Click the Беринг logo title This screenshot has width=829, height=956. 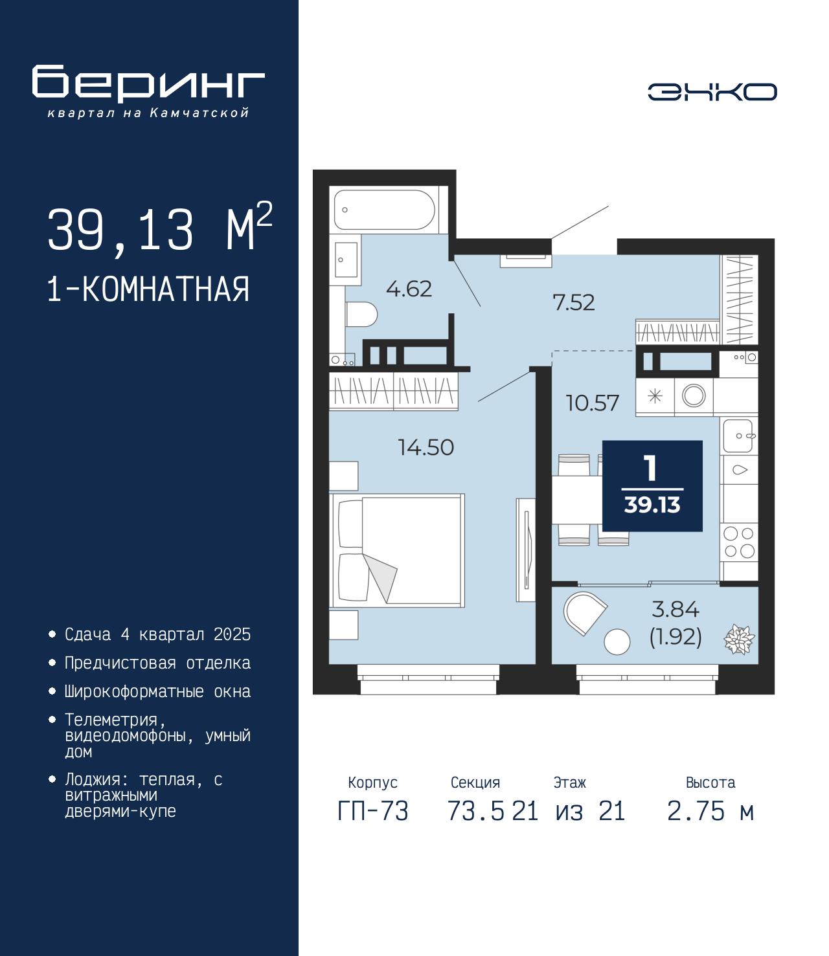pos(148,83)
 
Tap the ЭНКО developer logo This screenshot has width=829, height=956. pos(712,91)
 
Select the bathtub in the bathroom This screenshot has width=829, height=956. pos(384,210)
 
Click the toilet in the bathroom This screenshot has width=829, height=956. pos(361,315)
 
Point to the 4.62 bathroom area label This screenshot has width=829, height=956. pos(409,289)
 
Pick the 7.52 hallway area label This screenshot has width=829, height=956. pos(573,302)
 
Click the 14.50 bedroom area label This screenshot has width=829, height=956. pos(426,447)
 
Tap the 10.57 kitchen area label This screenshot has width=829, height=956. pos(593,403)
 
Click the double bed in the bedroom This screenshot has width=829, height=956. pos(396,550)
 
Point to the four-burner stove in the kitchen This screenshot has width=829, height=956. pos(739,542)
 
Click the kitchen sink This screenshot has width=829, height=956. pos(738,435)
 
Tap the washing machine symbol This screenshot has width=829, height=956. pos(694,396)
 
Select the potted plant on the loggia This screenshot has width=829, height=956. pos(739,639)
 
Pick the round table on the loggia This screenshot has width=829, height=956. pos(617,642)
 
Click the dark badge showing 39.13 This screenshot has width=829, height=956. pos(652,485)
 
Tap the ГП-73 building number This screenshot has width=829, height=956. pos(372,811)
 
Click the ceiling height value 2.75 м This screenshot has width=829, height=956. pos(710,811)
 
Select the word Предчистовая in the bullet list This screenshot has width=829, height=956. pos(120,663)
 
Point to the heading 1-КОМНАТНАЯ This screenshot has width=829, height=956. pos(148,289)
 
